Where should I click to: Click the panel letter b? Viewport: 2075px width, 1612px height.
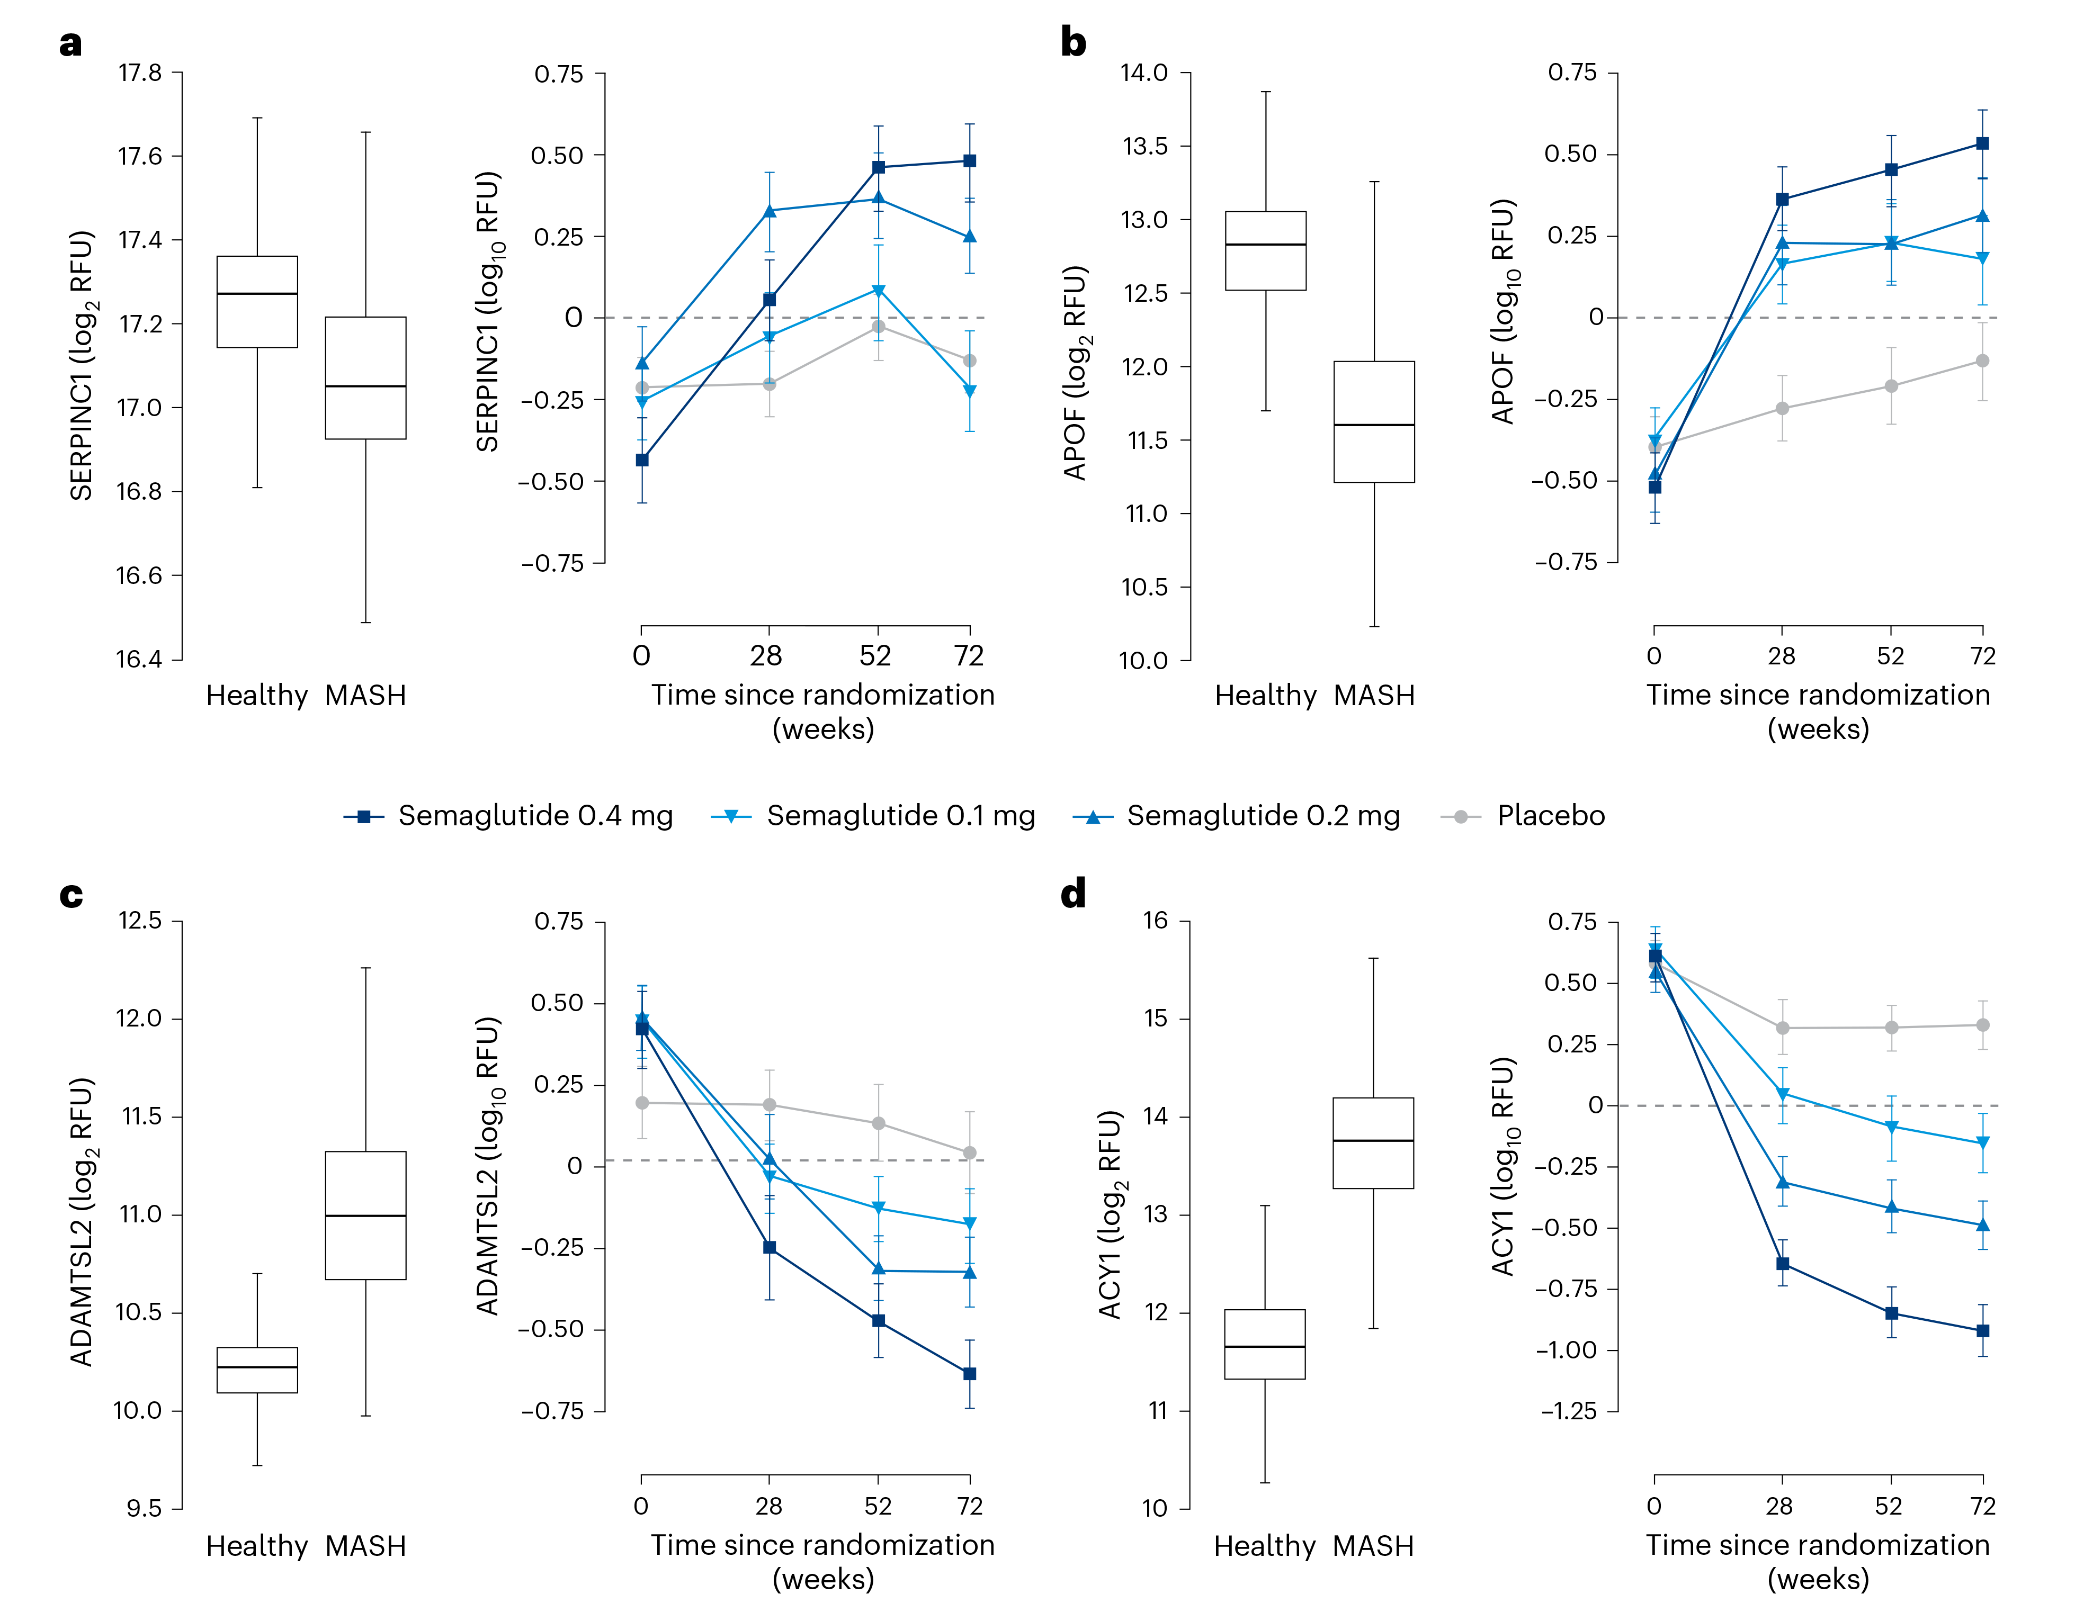1072,43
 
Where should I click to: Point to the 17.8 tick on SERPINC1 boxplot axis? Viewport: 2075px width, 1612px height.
140,73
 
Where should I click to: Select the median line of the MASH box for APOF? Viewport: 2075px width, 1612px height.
1374,425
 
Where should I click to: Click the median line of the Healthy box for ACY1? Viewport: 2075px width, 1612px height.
1265,1347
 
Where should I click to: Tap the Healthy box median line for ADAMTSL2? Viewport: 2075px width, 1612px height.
257,1367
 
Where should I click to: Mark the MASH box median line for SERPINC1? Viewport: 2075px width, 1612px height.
366,386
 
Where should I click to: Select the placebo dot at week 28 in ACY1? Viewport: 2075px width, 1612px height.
1782,1028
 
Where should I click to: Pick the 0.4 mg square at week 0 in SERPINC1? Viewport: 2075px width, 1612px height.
642,460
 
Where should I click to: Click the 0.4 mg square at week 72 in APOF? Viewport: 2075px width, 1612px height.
1983,143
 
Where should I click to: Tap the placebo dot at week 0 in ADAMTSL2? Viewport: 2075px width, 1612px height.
642,1103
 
